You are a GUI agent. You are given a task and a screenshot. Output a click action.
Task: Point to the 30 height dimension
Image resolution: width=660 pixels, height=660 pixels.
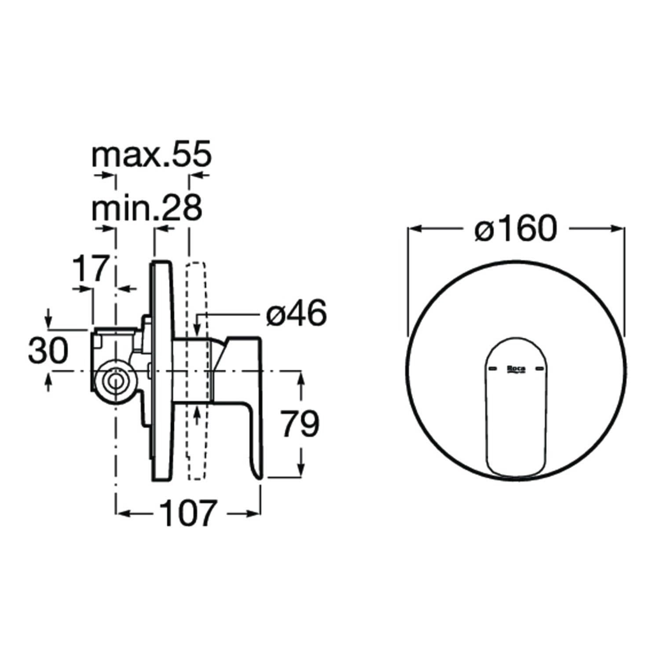tap(48, 351)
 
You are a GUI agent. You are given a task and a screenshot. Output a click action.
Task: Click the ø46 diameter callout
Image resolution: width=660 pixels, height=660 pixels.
tap(297, 313)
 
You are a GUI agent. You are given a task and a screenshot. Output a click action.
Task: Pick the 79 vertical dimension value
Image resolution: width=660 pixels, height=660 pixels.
tap(300, 424)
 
